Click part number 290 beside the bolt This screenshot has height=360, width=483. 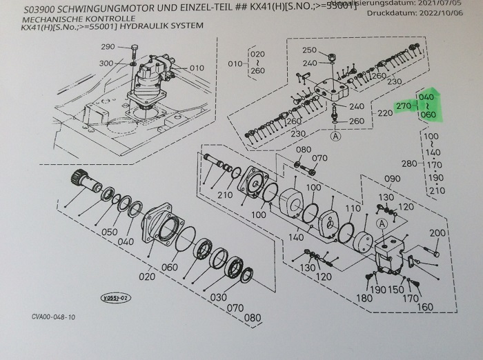point(107,47)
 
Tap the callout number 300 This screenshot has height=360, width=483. point(106,63)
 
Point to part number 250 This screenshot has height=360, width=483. point(309,50)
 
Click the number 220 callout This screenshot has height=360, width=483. point(384,112)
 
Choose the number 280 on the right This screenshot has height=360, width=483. point(408,163)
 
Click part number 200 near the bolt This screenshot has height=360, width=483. point(437,233)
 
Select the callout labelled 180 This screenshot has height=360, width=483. point(364,298)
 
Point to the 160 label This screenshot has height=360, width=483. point(425,307)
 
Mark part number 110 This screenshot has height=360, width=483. point(353,208)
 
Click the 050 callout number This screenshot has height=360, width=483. point(109,232)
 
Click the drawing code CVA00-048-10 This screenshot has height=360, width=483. point(53,317)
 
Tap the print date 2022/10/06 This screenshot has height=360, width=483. point(437,13)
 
